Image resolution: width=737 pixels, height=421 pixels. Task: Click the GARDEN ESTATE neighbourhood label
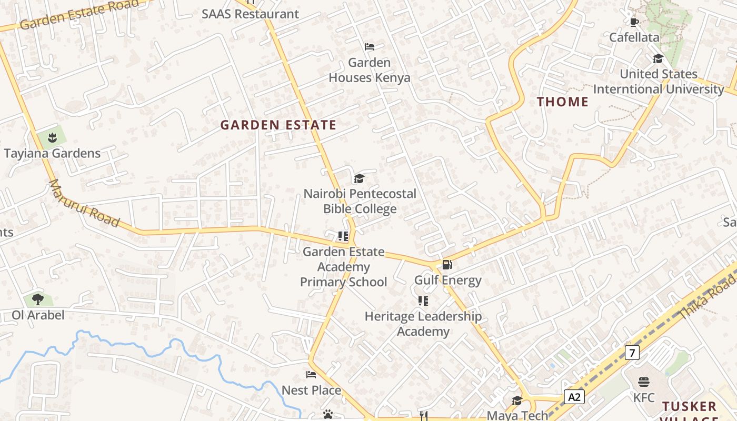(278, 125)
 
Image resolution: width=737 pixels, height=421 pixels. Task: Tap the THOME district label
(563, 102)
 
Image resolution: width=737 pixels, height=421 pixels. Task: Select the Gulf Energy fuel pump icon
(447, 265)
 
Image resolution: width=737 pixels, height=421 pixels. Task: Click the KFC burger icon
(644, 382)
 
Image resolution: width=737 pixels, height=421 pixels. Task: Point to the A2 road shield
(574, 396)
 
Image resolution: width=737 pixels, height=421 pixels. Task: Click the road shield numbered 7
(632, 352)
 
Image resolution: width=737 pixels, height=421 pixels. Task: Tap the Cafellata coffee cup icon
(634, 22)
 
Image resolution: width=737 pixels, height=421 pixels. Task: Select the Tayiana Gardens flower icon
(52, 138)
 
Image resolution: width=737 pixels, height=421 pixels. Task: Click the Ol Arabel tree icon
(37, 299)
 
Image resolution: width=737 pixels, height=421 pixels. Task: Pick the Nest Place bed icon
(311, 375)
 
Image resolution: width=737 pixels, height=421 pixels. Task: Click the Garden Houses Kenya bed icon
(370, 47)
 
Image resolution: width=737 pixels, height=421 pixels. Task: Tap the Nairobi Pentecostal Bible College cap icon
(359, 178)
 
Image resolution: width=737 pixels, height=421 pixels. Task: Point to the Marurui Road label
(84, 203)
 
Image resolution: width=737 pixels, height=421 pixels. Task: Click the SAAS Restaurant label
(250, 14)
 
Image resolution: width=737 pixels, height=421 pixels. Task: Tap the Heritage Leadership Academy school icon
(423, 300)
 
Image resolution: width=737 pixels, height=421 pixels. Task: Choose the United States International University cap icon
(658, 58)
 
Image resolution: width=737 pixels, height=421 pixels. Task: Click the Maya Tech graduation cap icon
(517, 401)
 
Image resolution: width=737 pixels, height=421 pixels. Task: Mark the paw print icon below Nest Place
(328, 414)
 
